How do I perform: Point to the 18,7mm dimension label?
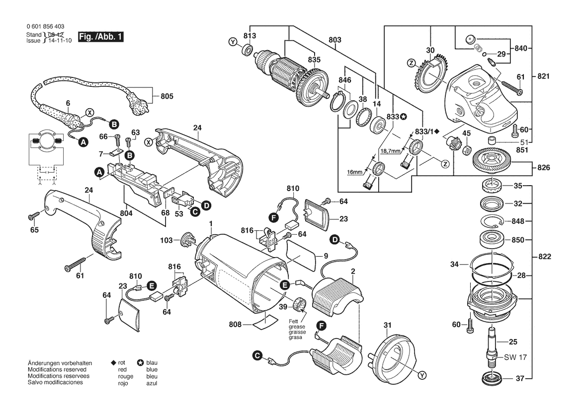click(x=390, y=151)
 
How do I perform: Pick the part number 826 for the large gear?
click(x=543, y=168)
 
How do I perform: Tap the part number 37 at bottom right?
click(x=519, y=379)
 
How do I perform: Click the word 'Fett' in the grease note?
click(x=295, y=321)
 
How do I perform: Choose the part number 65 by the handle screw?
click(x=34, y=230)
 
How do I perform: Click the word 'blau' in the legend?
click(x=152, y=364)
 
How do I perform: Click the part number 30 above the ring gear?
click(x=430, y=50)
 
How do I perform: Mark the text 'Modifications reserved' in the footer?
click(x=57, y=370)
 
